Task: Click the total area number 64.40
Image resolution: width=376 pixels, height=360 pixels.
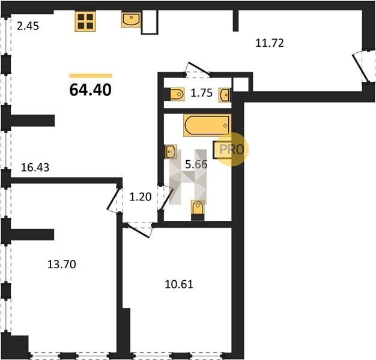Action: click(x=91, y=90)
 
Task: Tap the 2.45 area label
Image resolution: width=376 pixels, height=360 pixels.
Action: click(x=28, y=26)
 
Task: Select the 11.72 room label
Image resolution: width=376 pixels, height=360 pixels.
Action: click(x=270, y=43)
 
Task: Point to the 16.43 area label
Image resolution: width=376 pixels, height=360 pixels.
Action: click(x=35, y=167)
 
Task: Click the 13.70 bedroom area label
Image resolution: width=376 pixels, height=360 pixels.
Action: click(x=62, y=265)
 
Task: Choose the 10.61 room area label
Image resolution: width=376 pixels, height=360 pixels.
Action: click(x=179, y=284)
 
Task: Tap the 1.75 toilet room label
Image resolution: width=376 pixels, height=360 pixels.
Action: click(x=201, y=93)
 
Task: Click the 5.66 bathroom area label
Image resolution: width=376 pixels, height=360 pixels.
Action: click(x=196, y=164)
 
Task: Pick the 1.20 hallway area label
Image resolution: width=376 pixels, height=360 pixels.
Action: click(x=141, y=197)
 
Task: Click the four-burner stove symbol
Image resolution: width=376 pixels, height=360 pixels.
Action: click(x=85, y=22)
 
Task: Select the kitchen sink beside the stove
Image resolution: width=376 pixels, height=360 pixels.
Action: click(x=131, y=20)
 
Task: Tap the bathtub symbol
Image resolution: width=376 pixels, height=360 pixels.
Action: click(x=207, y=125)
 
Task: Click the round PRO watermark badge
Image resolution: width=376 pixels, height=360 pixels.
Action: click(x=232, y=149)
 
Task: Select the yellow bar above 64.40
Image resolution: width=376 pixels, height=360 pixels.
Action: click(x=91, y=76)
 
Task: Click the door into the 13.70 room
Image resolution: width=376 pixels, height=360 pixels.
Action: click(x=115, y=199)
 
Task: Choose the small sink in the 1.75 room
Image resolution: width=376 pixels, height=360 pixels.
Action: click(x=225, y=95)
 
